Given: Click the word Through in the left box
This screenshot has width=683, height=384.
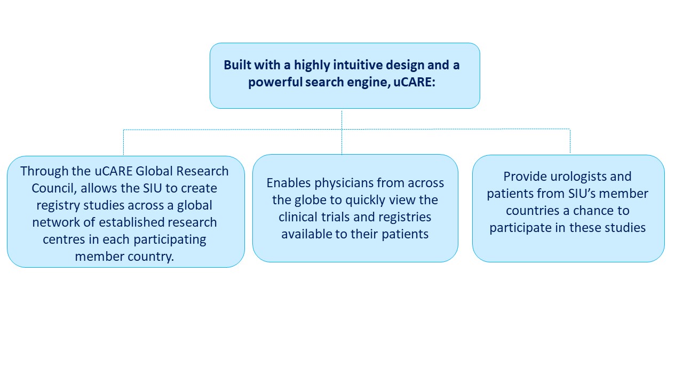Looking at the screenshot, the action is [x=44, y=171].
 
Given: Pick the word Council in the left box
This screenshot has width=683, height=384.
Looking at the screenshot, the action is [x=53, y=188].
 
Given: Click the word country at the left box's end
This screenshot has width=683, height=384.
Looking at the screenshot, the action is [x=150, y=257].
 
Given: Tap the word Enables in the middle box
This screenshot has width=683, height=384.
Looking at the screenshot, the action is [x=289, y=183].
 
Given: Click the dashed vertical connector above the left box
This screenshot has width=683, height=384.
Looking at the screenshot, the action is [x=123, y=142].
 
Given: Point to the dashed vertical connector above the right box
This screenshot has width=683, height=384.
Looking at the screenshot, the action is [x=570, y=141].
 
